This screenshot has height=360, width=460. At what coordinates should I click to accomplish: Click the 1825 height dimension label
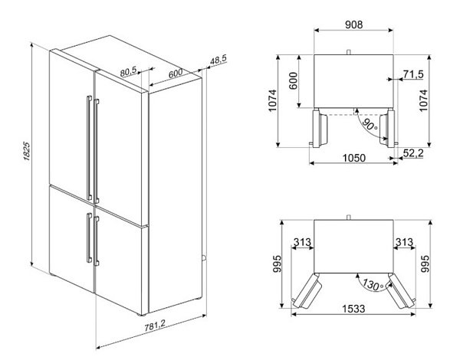(x=27, y=151)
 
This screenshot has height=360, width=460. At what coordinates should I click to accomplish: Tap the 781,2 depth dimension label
(x=155, y=326)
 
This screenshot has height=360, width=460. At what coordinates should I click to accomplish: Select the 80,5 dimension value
(x=129, y=71)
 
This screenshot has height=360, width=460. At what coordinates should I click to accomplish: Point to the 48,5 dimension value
(x=219, y=60)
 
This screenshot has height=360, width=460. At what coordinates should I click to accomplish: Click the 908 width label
(x=353, y=25)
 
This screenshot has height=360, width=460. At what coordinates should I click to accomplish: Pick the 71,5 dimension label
(x=413, y=74)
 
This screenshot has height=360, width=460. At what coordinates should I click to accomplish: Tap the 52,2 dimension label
(x=413, y=153)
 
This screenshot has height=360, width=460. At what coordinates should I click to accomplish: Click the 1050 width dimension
(x=354, y=158)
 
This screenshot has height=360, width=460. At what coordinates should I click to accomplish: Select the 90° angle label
(x=370, y=124)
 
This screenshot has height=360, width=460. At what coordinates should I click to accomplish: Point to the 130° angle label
(x=373, y=284)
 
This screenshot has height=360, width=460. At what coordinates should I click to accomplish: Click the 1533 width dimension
(x=353, y=309)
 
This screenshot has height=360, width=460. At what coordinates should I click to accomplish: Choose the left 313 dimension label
(x=303, y=242)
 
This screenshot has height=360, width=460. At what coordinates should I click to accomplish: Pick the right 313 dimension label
(x=404, y=242)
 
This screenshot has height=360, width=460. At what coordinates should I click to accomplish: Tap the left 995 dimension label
(x=277, y=263)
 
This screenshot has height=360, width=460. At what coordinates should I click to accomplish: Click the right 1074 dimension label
(x=423, y=100)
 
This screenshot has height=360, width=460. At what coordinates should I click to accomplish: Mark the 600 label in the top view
(x=293, y=80)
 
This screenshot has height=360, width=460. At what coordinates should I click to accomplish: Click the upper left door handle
(x=89, y=148)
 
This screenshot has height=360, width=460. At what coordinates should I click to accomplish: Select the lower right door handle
(x=97, y=241)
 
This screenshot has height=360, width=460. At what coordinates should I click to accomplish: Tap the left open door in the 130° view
(x=306, y=291)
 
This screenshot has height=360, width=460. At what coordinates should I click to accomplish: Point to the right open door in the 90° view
(x=388, y=127)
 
